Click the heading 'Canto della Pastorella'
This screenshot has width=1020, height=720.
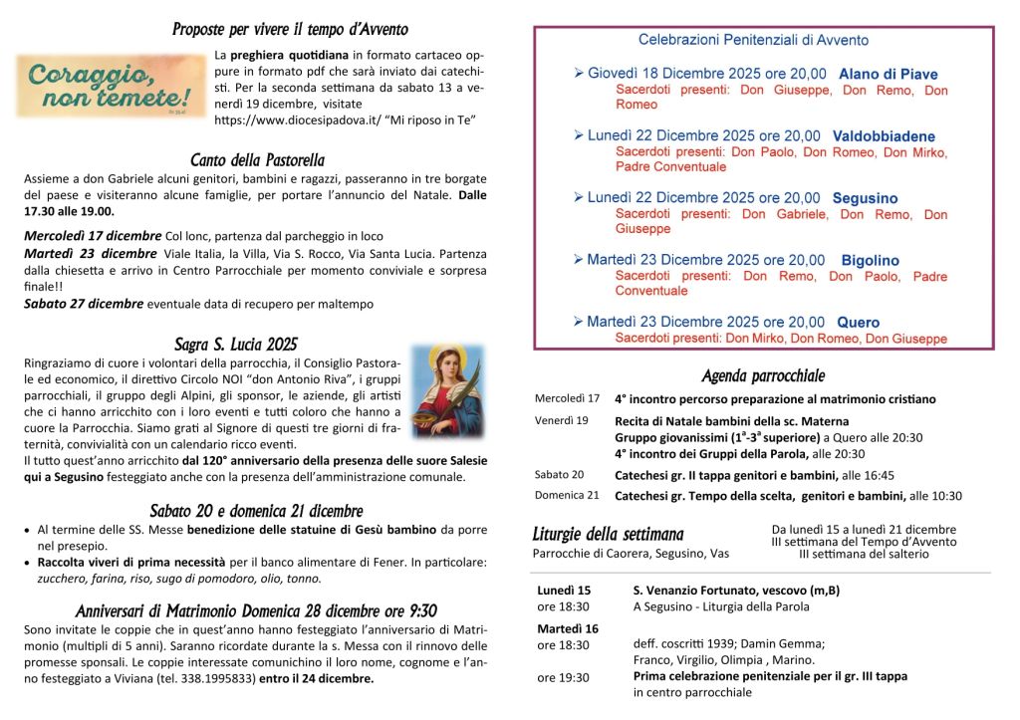[257, 159]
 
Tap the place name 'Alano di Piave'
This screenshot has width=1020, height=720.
[888, 74]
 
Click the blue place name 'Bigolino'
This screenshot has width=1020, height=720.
[870, 261]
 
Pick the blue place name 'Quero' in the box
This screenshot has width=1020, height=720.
[858, 323]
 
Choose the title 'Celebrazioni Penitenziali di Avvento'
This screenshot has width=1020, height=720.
[753, 41]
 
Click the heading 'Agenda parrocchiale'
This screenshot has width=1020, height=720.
[763, 375]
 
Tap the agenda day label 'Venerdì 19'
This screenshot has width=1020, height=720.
[561, 420]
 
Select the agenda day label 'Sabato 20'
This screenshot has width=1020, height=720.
[559, 475]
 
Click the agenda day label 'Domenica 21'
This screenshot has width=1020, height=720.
[566, 495]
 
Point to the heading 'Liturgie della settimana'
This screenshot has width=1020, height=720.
[608, 535]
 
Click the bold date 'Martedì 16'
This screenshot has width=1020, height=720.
[568, 628]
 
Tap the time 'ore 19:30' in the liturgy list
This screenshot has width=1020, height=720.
[563, 677]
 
